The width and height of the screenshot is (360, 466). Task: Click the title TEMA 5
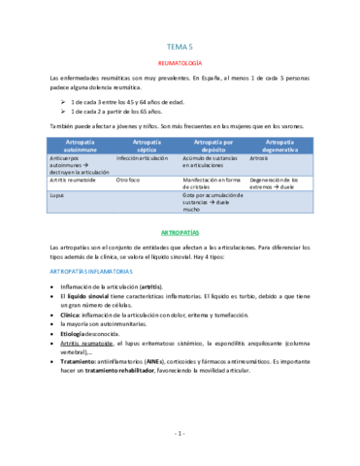180,45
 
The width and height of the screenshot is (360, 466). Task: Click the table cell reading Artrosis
258,157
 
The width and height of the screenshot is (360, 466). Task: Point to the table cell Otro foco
129,181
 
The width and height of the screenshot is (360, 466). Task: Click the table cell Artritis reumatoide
75,181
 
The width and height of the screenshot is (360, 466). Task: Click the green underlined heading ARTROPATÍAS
180,232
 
